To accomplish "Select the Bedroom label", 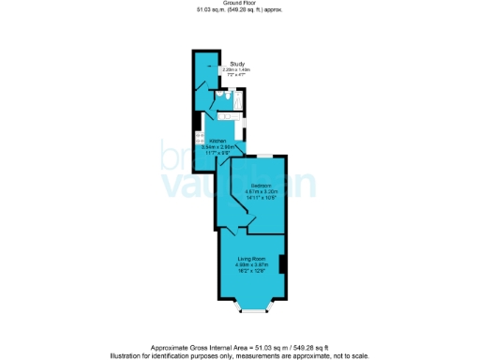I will click(261, 186).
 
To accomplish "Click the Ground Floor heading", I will click(239, 4).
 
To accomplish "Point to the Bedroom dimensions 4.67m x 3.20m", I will click(262, 192).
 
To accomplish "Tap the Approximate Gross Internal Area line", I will click(239, 347).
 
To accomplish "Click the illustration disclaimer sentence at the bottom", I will click(239, 354).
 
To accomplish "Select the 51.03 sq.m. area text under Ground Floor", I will click(239, 10).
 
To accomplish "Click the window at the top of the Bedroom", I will click(265, 155).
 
